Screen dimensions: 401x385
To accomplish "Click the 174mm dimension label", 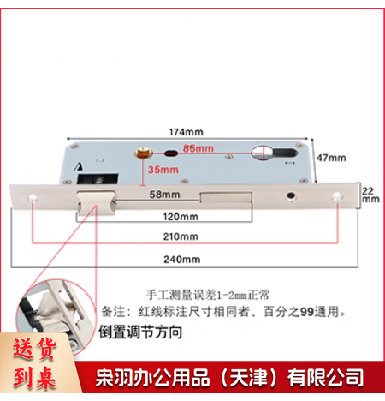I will pyautogui.click(x=186, y=131).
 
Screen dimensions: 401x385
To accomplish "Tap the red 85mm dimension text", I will pyautogui.click(x=199, y=149).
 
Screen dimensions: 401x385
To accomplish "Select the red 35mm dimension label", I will pyautogui.click(x=163, y=171).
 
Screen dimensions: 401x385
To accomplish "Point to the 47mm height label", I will pyautogui.click(x=332, y=159).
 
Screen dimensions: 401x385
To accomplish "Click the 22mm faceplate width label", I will pyautogui.click(x=370, y=192).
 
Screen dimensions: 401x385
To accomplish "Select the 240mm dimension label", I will pyautogui.click(x=184, y=258).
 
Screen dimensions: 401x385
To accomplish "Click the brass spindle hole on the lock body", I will pyautogui.click(x=139, y=156).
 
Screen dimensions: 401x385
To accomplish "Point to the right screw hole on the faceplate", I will pyautogui.click(x=338, y=198).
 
